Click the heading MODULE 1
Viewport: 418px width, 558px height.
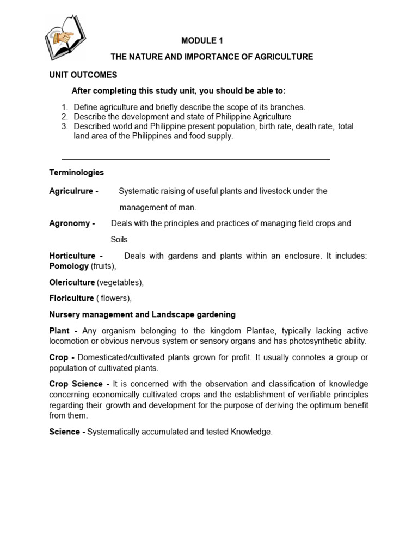tap(202, 40)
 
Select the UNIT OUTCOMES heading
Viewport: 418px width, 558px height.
tap(83, 75)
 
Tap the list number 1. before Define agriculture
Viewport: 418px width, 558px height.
tap(64, 107)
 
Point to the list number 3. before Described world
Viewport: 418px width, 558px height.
tap(64, 126)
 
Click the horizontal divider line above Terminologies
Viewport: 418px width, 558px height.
tap(196, 159)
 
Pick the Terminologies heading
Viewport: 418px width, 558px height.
tap(76, 172)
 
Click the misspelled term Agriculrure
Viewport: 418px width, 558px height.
tap(71, 191)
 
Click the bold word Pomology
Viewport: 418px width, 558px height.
tap(69, 266)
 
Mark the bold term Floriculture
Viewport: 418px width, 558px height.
tap(71, 298)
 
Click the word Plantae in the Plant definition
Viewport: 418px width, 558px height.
tap(274, 331)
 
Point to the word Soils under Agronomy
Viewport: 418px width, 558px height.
tap(119, 240)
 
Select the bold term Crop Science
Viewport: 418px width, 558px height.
tap(76, 384)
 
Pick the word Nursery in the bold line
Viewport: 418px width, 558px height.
tap(64, 314)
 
